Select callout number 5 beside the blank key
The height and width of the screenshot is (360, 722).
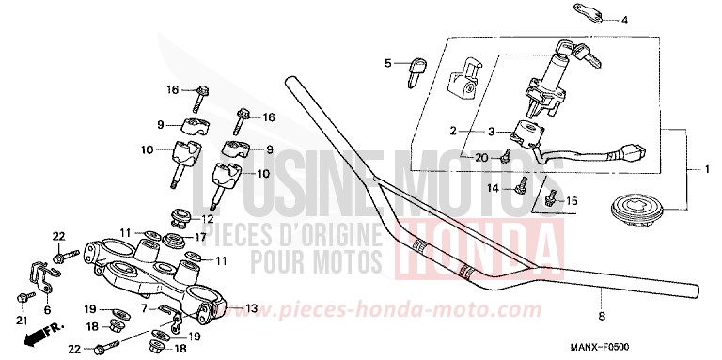click(x=385, y=63)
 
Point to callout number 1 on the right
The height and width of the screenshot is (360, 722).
click(x=708, y=169)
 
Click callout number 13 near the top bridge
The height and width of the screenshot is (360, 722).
click(x=251, y=308)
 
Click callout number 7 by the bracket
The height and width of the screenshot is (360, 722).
click(x=144, y=308)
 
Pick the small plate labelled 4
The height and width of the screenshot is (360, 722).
click(x=585, y=14)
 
